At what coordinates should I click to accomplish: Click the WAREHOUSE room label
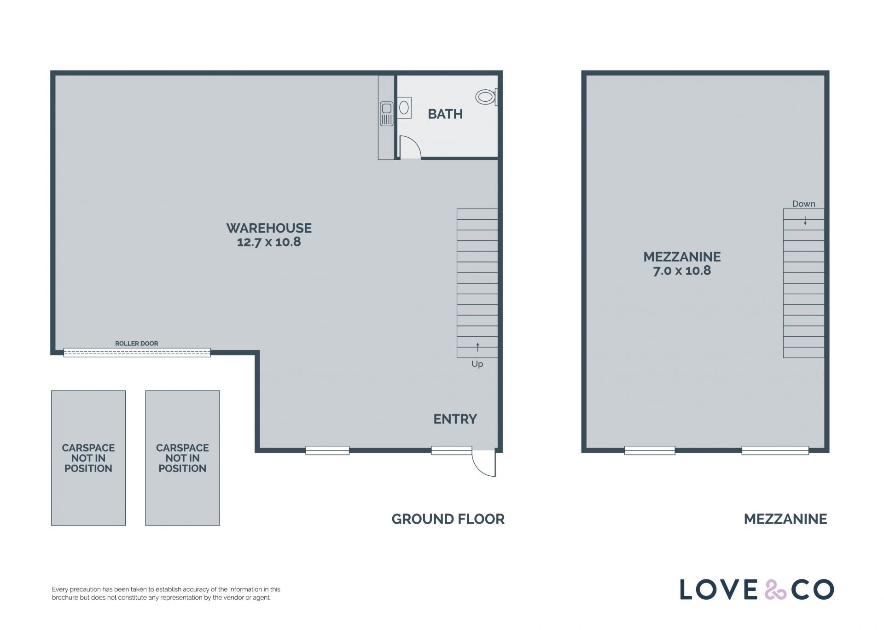tap(269, 228)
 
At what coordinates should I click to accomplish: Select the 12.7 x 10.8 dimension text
tap(269, 242)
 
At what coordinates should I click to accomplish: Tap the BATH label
tap(445, 114)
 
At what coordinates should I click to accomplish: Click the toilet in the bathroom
tap(486, 97)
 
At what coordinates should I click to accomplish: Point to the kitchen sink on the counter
tap(386, 114)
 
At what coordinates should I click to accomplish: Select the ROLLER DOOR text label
tap(136, 344)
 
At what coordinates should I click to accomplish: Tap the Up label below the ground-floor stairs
tap(477, 364)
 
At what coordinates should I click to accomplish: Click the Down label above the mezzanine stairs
tap(803, 204)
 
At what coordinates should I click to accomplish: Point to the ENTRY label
tap(455, 419)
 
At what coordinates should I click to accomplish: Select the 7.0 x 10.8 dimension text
tap(682, 271)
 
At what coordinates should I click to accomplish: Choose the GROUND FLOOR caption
tap(448, 519)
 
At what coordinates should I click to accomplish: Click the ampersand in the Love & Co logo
tap(775, 589)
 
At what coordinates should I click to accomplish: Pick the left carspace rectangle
tap(88, 458)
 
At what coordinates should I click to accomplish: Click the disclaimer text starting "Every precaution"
tap(166, 594)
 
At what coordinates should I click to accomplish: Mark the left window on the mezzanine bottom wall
tap(650, 450)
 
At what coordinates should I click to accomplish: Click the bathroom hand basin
tap(404, 108)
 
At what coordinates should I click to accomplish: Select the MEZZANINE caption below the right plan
tap(785, 519)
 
